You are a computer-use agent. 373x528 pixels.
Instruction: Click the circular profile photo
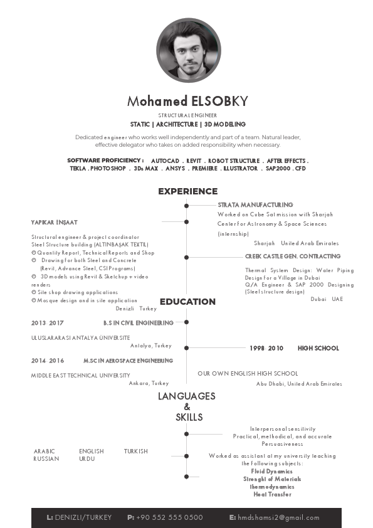coord(188,50)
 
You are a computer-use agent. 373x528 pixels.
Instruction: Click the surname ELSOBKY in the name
coord(219,101)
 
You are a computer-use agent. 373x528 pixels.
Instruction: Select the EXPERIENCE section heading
coord(187,191)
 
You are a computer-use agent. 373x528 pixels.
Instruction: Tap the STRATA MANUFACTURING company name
coord(255,204)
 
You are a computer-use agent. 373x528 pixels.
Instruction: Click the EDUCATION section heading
coord(187,302)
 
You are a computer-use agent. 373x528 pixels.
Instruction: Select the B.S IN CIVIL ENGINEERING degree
coord(138,323)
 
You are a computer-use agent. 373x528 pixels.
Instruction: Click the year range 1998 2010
coord(266,348)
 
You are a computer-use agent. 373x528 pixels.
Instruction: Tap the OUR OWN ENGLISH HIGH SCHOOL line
coord(248,374)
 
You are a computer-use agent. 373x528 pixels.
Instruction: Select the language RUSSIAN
coord(46,458)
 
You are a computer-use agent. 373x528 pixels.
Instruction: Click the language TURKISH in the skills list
coord(135,451)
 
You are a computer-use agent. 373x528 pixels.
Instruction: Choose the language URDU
coord(87,458)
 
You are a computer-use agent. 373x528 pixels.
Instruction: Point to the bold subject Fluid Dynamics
coord(271,471)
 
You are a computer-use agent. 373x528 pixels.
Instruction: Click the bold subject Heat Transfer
coord(272,494)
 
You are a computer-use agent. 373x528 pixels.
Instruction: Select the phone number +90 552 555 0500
coord(169,517)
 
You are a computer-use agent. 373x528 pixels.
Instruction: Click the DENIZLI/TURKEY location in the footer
coord(83,517)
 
